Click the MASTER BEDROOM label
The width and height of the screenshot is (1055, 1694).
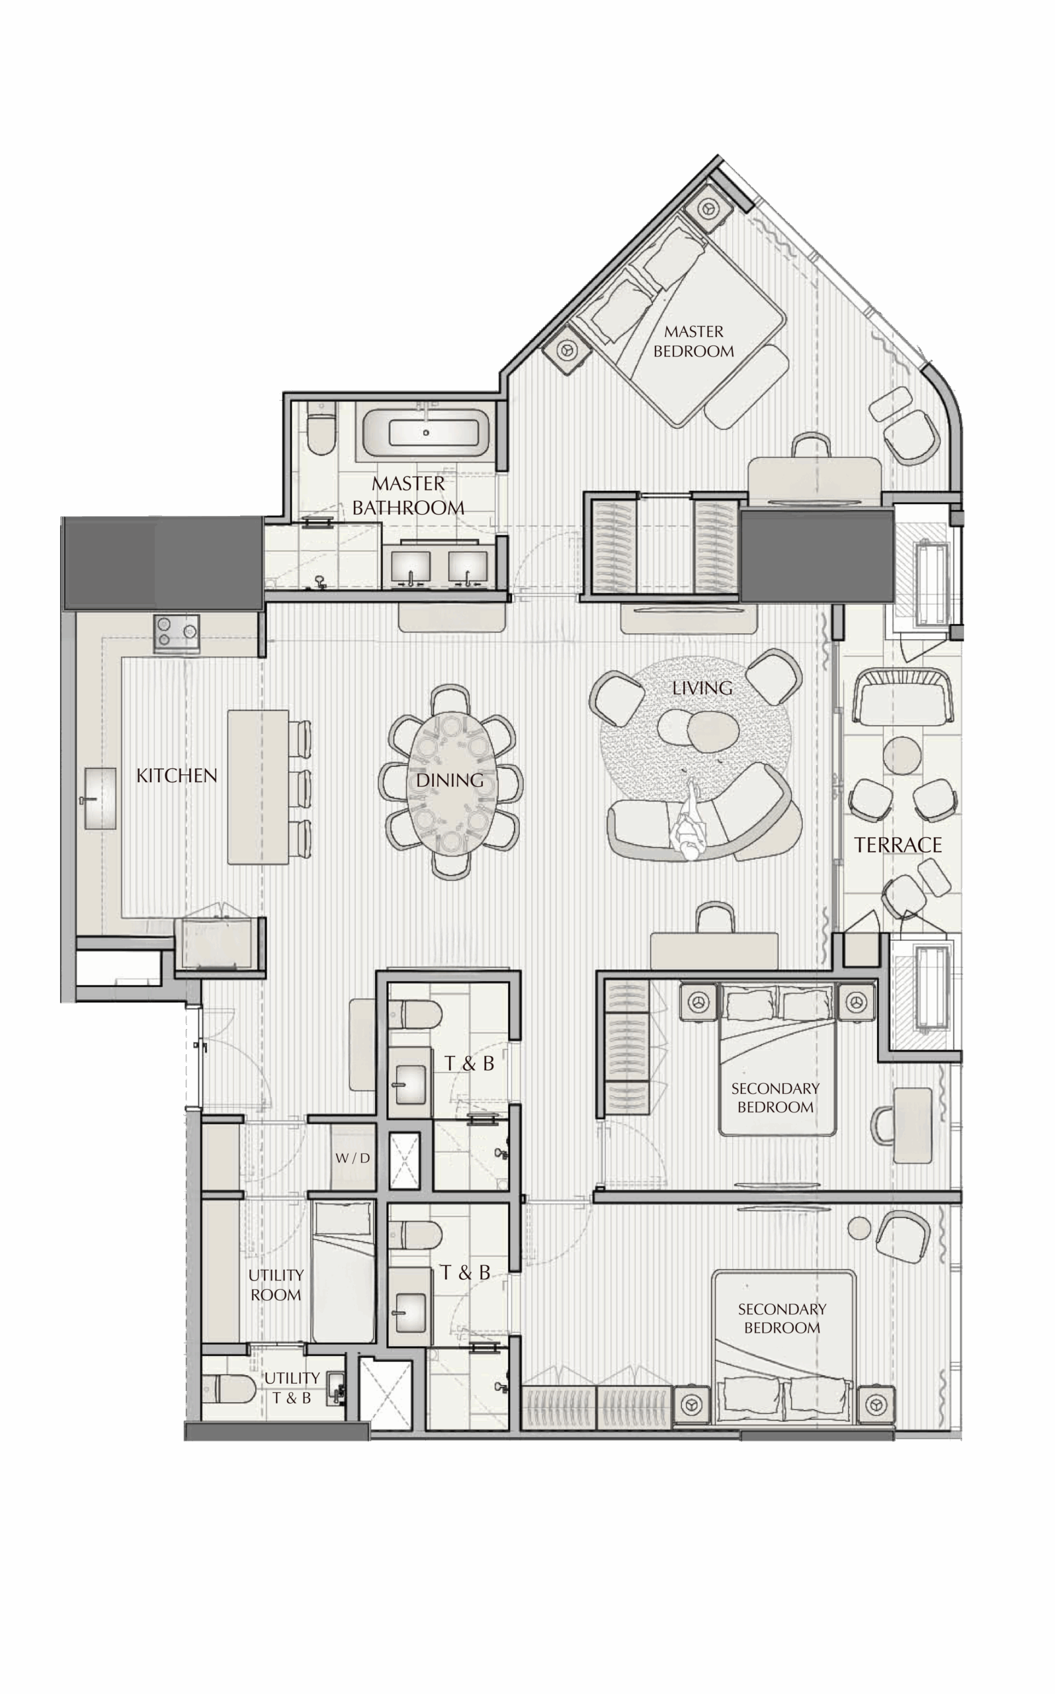(x=694, y=341)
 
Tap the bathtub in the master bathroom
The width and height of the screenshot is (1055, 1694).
(x=425, y=432)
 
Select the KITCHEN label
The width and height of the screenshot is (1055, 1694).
(x=177, y=776)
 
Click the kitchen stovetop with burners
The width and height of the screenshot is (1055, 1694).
(x=177, y=633)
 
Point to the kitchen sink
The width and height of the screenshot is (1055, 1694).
(x=100, y=799)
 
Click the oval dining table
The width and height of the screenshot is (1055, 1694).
(x=450, y=781)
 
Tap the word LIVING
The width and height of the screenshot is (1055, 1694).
(x=702, y=688)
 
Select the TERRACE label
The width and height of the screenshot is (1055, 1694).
(x=898, y=845)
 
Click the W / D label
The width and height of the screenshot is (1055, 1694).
(x=353, y=1158)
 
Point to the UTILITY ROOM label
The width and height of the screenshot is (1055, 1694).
(x=276, y=1284)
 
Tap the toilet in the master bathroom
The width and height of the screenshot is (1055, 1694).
(x=321, y=429)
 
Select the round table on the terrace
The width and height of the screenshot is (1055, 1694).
(x=904, y=756)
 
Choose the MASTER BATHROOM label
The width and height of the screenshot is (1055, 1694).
(x=408, y=496)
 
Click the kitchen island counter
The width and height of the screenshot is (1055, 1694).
(x=258, y=787)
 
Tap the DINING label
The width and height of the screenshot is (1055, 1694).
(x=450, y=780)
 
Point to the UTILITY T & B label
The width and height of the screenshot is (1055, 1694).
(x=292, y=1388)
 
